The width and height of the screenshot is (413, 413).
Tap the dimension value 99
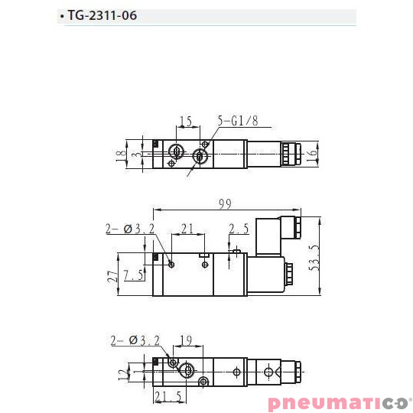pyautogui.click(x=225, y=203)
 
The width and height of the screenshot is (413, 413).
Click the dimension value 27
pyautogui.click(x=112, y=275)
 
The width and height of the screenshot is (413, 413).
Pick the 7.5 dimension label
pyautogui.click(x=135, y=275)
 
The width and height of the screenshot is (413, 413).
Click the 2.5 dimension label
pyautogui.click(x=239, y=229)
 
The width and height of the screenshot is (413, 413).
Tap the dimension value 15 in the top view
pyautogui.click(x=185, y=121)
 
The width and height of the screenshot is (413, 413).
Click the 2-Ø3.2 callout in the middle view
pyautogui.click(x=130, y=229)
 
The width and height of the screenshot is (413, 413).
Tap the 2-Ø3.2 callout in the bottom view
pyautogui.click(x=135, y=341)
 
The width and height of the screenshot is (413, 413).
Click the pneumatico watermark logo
pyautogui.click(x=339, y=403)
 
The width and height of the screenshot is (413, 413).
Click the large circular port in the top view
pyautogui.click(x=200, y=157)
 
